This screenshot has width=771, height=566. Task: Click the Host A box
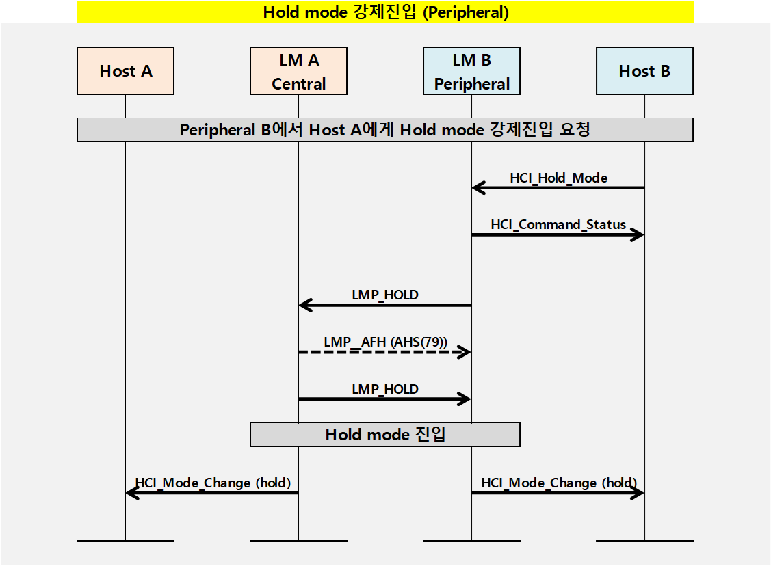[x=125, y=71]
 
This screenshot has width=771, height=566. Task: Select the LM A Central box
[x=298, y=71]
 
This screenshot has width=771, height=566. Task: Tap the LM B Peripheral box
[x=471, y=71]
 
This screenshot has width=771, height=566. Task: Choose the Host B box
[x=644, y=71]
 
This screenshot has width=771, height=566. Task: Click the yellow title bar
[x=385, y=12]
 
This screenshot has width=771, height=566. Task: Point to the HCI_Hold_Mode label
[x=558, y=178]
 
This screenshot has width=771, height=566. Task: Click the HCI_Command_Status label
[x=558, y=224]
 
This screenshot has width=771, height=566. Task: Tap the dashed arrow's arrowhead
[x=465, y=352]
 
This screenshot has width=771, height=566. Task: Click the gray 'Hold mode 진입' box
[x=385, y=435]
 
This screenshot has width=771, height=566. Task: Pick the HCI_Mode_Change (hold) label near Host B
[x=558, y=483]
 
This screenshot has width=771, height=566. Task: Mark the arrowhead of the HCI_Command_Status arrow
[x=638, y=234]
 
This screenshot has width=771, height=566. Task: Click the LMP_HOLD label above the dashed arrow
[x=385, y=295]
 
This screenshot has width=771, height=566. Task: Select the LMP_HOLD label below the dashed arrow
[x=385, y=389]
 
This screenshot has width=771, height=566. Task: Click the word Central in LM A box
[x=298, y=84]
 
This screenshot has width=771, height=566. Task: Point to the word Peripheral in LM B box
[x=472, y=84]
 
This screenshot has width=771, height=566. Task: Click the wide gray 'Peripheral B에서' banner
[x=385, y=130]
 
